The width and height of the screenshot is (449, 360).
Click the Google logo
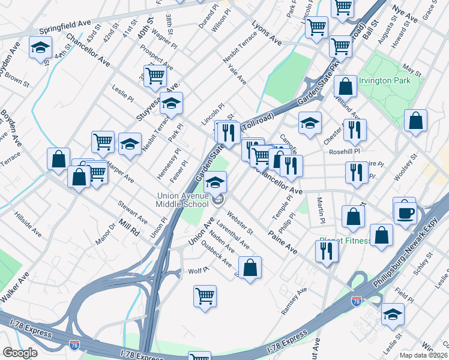pyautogui.click(x=20, y=353)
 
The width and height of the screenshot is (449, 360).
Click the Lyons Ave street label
pyautogui.click(x=267, y=35)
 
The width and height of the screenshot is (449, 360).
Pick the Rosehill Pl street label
pyautogui.click(x=344, y=152)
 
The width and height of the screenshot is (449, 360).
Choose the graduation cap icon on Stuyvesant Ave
pyautogui.click(x=172, y=104)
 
